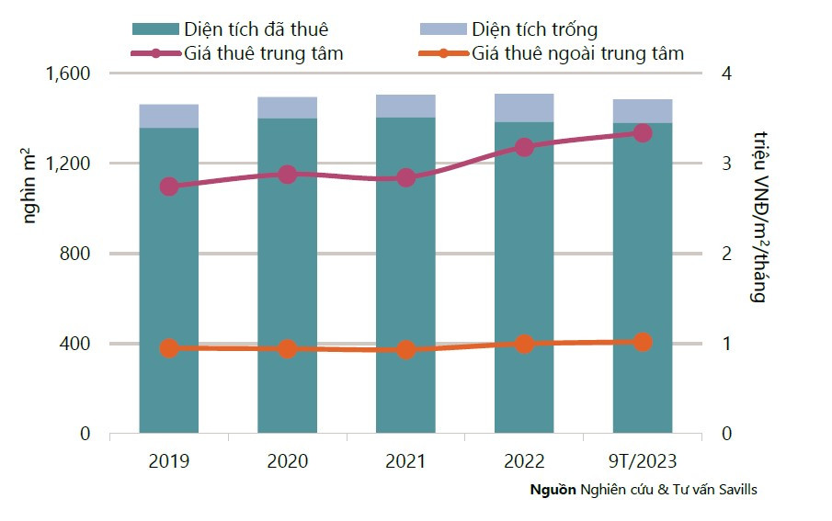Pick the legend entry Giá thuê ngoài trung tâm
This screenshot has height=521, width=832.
click(x=578, y=53)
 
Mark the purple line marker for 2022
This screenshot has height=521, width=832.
click(x=524, y=147)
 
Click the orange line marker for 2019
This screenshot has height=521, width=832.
click(x=169, y=348)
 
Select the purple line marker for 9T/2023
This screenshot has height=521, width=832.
click(x=642, y=133)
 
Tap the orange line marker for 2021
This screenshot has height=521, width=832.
click(x=405, y=350)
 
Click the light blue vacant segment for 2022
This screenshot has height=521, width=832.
click(x=524, y=108)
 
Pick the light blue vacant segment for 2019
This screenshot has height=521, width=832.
click(x=169, y=116)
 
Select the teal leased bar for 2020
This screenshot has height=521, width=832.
click(x=287, y=276)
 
